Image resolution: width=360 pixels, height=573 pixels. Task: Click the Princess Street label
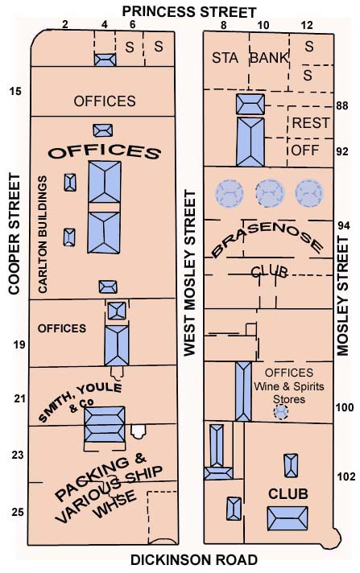pyautogui.click(x=188, y=12)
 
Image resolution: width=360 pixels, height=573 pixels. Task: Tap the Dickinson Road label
pyautogui.click(x=194, y=560)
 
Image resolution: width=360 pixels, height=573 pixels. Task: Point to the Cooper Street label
pyautogui.click(x=14, y=234)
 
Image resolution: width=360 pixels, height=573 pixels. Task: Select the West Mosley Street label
pyautogui.click(x=189, y=273)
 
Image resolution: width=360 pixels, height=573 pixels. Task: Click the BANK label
pyautogui.click(x=269, y=58)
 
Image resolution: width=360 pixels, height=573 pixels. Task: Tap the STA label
pyautogui.click(x=225, y=58)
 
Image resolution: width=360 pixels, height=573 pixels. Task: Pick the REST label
pyautogui.click(x=311, y=123)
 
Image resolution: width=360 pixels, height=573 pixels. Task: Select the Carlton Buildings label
pyautogui.click(x=43, y=234)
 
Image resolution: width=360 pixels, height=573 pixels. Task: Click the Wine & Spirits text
pyautogui.click(x=289, y=386)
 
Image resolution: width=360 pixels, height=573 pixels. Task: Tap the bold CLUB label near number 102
pyautogui.click(x=288, y=493)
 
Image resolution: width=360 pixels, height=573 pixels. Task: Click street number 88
pyautogui.click(x=342, y=105)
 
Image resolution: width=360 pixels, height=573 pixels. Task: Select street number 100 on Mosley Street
pyautogui.click(x=345, y=407)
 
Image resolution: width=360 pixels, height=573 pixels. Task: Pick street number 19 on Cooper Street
pyautogui.click(x=20, y=344)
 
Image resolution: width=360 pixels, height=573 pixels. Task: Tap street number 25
pyautogui.click(x=18, y=512)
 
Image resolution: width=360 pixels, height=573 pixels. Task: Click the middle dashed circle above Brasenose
pyautogui.click(x=270, y=193)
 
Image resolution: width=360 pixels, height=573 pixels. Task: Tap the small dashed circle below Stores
pyautogui.click(x=281, y=412)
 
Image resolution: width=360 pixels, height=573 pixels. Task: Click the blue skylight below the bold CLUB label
pyautogui.click(x=288, y=518)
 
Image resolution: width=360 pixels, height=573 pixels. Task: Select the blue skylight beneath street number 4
pyautogui.click(x=106, y=60)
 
